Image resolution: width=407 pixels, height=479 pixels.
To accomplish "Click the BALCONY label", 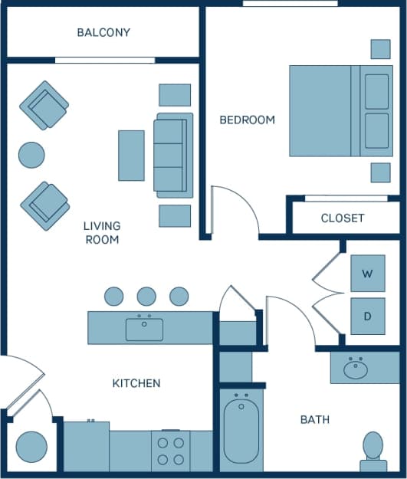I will click(x=103, y=33).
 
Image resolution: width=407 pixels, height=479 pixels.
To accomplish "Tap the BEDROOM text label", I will click(x=247, y=120).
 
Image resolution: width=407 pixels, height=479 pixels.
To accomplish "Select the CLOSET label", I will click(x=343, y=218).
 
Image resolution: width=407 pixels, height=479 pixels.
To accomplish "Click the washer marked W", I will click(x=367, y=274).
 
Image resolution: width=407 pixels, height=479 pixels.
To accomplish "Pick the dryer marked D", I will click(x=367, y=316).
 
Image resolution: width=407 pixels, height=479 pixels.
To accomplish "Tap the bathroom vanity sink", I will click(x=356, y=369).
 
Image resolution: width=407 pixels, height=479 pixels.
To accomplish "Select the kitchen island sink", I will click(x=144, y=329).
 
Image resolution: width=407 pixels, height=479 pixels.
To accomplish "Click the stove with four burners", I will click(x=170, y=451).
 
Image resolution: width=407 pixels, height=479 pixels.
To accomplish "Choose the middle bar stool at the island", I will click(x=146, y=296).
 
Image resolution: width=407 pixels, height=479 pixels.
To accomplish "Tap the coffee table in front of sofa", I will click(x=131, y=156).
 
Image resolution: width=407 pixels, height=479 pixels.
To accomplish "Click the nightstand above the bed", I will click(x=380, y=49).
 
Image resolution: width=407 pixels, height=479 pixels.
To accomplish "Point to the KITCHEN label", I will click(x=136, y=382).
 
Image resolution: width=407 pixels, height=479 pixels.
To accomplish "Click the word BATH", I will click(x=314, y=419).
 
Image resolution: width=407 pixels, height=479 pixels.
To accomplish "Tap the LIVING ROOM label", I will click(x=102, y=233).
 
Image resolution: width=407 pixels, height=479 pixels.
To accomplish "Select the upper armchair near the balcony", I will click(x=44, y=105).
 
